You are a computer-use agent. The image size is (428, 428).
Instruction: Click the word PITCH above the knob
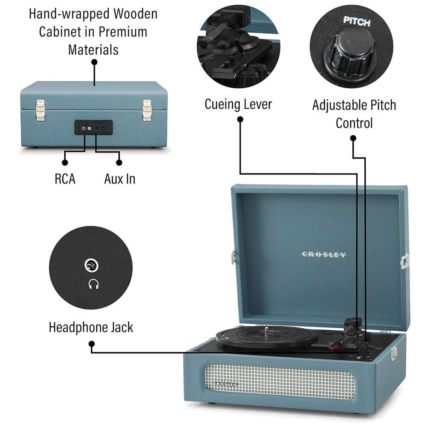click(357, 22)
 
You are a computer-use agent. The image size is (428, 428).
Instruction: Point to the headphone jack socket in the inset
click(92, 266)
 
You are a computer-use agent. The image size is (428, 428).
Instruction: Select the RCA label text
click(65, 179)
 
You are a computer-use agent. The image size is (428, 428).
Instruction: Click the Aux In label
click(119, 179)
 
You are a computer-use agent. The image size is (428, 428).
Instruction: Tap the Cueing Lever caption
click(238, 104)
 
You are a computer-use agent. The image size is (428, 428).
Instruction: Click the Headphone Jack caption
click(91, 328)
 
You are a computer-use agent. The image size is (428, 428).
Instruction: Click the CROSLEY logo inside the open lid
click(324, 255)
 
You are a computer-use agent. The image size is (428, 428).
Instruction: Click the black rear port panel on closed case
click(94, 127)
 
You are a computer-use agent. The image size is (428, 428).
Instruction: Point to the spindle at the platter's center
click(267, 330)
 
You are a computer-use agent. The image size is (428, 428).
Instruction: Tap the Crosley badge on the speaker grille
click(226, 383)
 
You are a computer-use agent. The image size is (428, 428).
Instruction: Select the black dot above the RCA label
click(65, 163)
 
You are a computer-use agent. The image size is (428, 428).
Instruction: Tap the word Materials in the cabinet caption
click(93, 50)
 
